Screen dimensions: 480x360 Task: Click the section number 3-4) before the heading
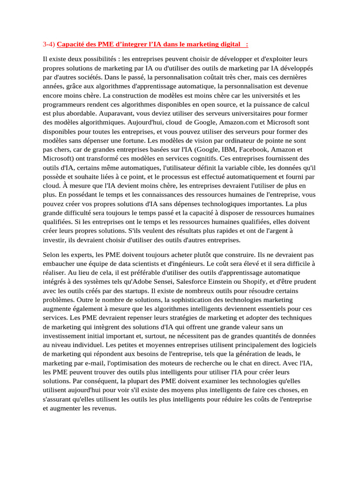(x=49, y=45)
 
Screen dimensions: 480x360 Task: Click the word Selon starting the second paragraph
(x=52, y=255)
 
